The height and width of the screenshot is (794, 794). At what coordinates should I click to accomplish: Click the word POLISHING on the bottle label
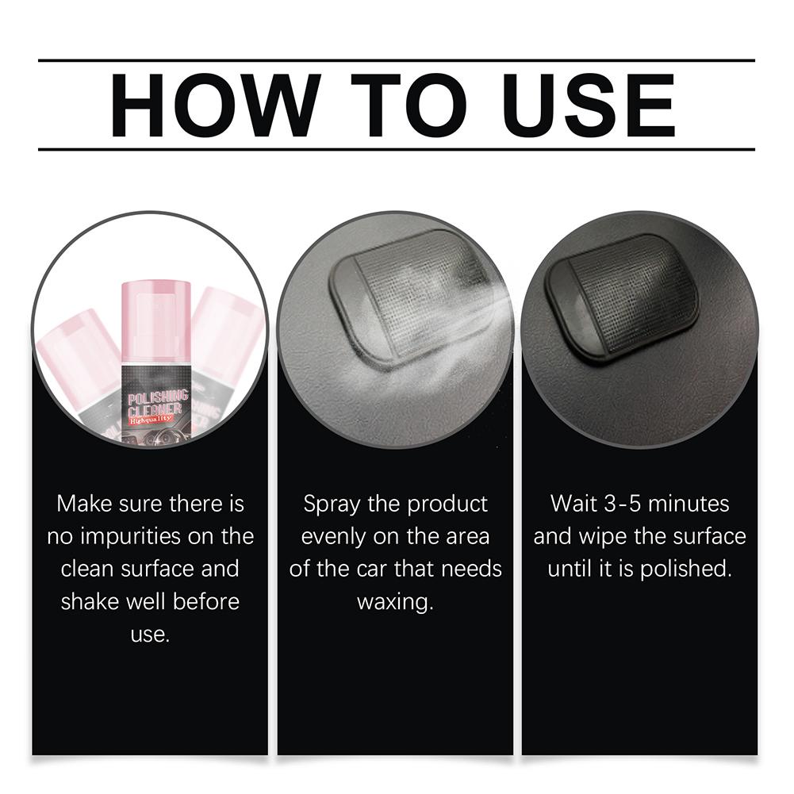pos(158,398)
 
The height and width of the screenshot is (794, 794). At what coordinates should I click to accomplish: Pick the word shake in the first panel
pos(90,602)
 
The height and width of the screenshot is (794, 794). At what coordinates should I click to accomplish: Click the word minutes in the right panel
pos(689,504)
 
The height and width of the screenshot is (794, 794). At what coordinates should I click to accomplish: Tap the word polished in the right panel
pos(686,570)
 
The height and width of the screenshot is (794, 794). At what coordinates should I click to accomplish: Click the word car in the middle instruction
pos(372,570)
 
